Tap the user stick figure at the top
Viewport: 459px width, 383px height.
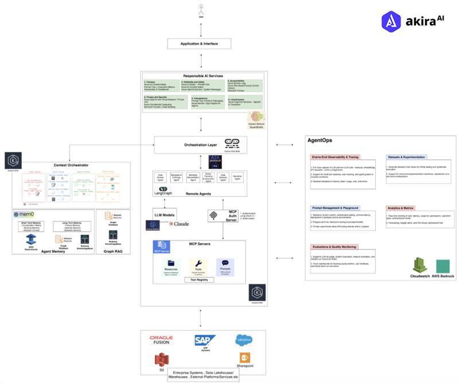pyautogui.click(x=201, y=10)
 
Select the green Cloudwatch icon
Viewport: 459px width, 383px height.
pyautogui.click(x=419, y=265)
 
